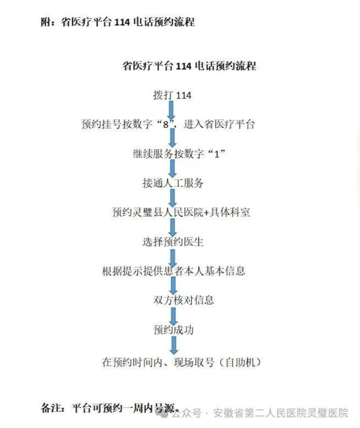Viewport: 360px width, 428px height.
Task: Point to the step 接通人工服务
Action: [x=172, y=183]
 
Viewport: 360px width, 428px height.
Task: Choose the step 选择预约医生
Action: [x=173, y=242]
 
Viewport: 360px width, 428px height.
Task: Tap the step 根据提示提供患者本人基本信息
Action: [x=173, y=271]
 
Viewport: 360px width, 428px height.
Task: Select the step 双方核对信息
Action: [x=183, y=301]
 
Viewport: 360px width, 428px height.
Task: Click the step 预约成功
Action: [x=173, y=330]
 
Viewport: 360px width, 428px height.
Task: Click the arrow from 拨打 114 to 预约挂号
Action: [x=172, y=110]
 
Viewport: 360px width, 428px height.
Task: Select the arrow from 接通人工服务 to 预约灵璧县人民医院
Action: [x=172, y=198]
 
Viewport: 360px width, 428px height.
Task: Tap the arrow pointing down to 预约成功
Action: [x=172, y=315]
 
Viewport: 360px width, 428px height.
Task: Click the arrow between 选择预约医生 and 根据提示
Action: [x=172, y=256]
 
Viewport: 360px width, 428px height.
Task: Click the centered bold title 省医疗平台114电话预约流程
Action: [x=189, y=66]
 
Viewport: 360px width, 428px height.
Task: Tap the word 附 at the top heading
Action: [x=46, y=22]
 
